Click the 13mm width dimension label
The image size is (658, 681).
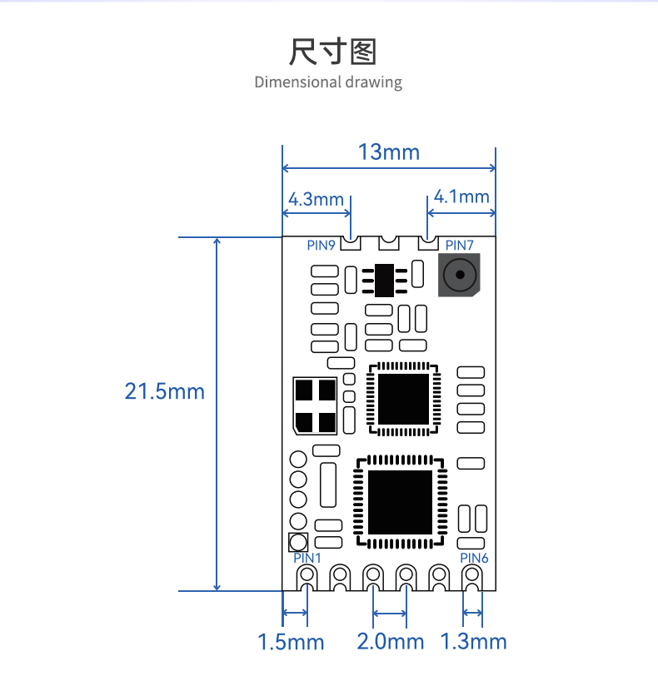point(388,152)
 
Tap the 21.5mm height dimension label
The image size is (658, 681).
point(164,391)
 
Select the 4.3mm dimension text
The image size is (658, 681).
point(316,199)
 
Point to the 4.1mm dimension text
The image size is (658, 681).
point(461,196)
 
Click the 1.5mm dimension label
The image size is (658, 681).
point(291,642)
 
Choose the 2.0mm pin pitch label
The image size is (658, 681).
point(391,642)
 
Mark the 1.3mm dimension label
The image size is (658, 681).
point(473,642)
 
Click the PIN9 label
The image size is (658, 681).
point(321,246)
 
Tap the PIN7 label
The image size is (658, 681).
point(460,246)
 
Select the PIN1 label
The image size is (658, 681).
point(307,558)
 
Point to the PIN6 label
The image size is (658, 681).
point(474,558)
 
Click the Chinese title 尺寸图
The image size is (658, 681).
point(332,52)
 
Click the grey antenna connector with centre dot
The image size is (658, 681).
point(459,275)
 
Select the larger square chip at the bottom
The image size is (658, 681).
point(401,502)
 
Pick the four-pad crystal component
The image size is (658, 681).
point(315,405)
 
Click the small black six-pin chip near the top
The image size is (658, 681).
point(384,281)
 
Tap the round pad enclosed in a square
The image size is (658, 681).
point(298,543)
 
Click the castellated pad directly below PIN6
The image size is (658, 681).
point(472,578)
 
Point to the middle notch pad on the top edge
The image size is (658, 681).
point(388,243)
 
